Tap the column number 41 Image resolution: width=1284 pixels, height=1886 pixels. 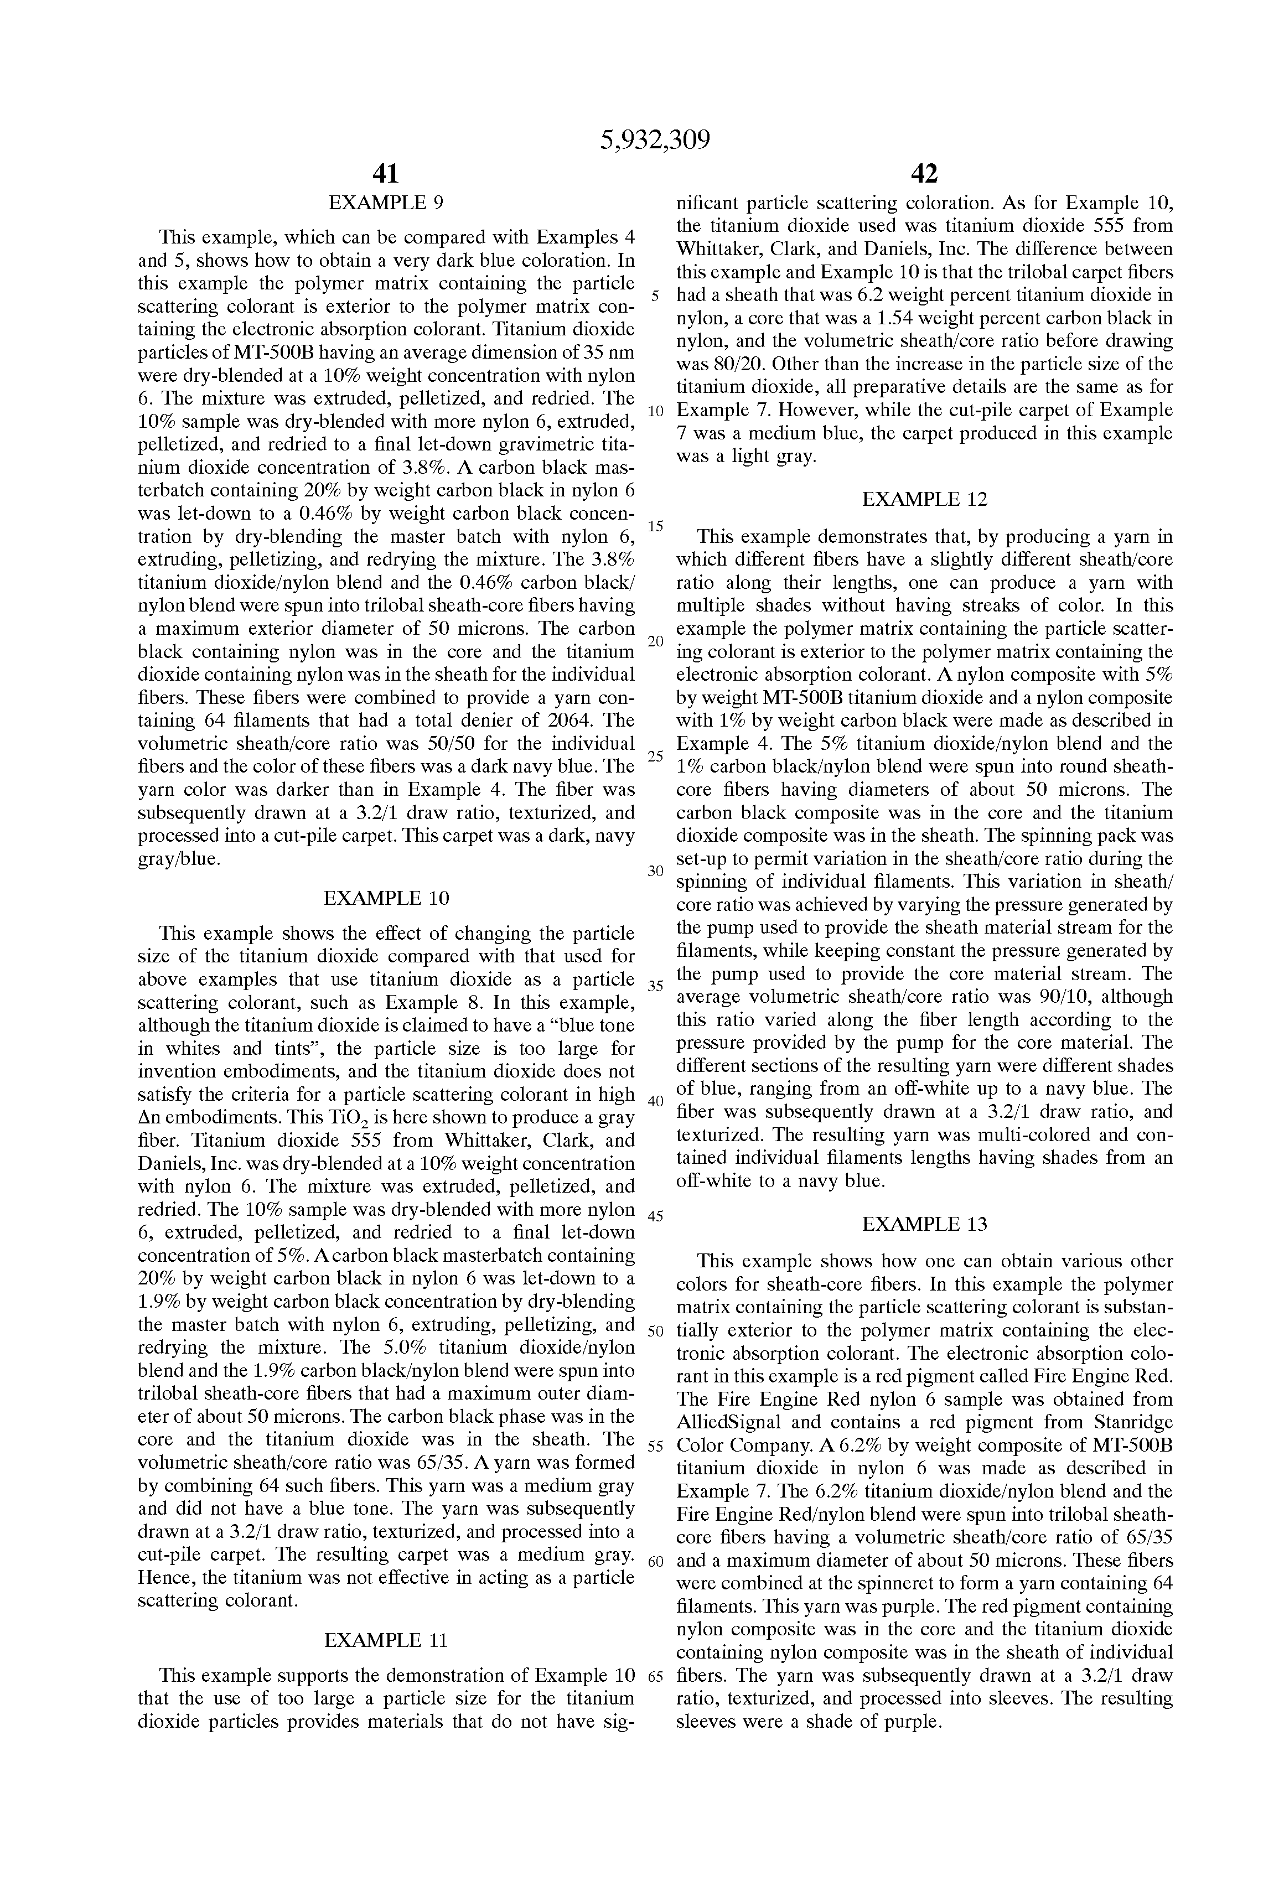pyautogui.click(x=386, y=174)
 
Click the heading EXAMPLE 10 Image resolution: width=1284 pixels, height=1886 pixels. pyautogui.click(x=386, y=898)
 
